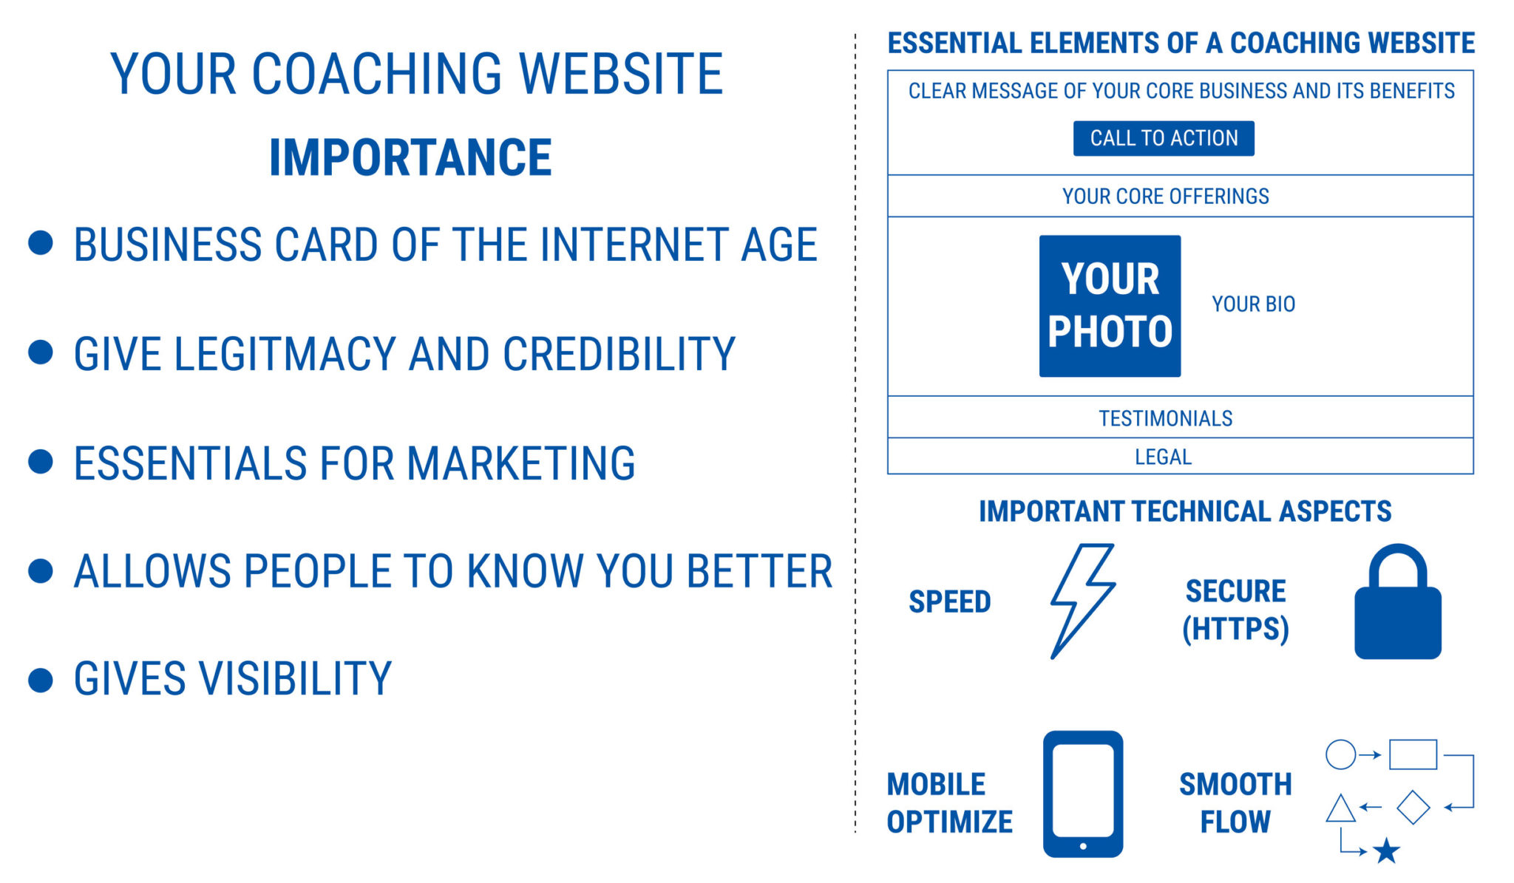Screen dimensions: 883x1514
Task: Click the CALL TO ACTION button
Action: click(1163, 138)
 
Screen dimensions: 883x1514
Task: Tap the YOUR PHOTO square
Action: click(1110, 306)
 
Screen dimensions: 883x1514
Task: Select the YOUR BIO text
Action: click(1253, 304)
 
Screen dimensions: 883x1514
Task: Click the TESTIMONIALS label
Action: click(1165, 418)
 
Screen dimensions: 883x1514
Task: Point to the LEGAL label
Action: click(1163, 457)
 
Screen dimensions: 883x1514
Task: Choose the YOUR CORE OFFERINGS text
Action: click(1165, 196)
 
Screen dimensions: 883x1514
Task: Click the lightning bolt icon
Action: click(1082, 600)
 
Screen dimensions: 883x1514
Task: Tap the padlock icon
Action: click(1397, 606)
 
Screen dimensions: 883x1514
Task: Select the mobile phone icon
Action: click(1083, 794)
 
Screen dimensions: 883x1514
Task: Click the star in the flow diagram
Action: click(1387, 851)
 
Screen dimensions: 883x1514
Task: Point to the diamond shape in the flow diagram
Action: click(1413, 807)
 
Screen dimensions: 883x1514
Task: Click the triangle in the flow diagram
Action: click(1340, 809)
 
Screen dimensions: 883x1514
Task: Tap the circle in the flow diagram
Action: click(1340, 754)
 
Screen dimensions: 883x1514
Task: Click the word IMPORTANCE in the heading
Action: click(410, 157)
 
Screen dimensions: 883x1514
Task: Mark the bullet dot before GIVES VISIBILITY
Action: click(41, 680)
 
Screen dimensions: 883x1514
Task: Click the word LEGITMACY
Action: click(285, 354)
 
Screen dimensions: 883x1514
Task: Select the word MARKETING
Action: click(520, 463)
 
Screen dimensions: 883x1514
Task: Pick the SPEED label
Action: click(949, 601)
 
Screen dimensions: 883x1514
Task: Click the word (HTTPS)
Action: click(1235, 629)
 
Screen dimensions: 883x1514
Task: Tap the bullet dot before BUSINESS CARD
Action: click(41, 243)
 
